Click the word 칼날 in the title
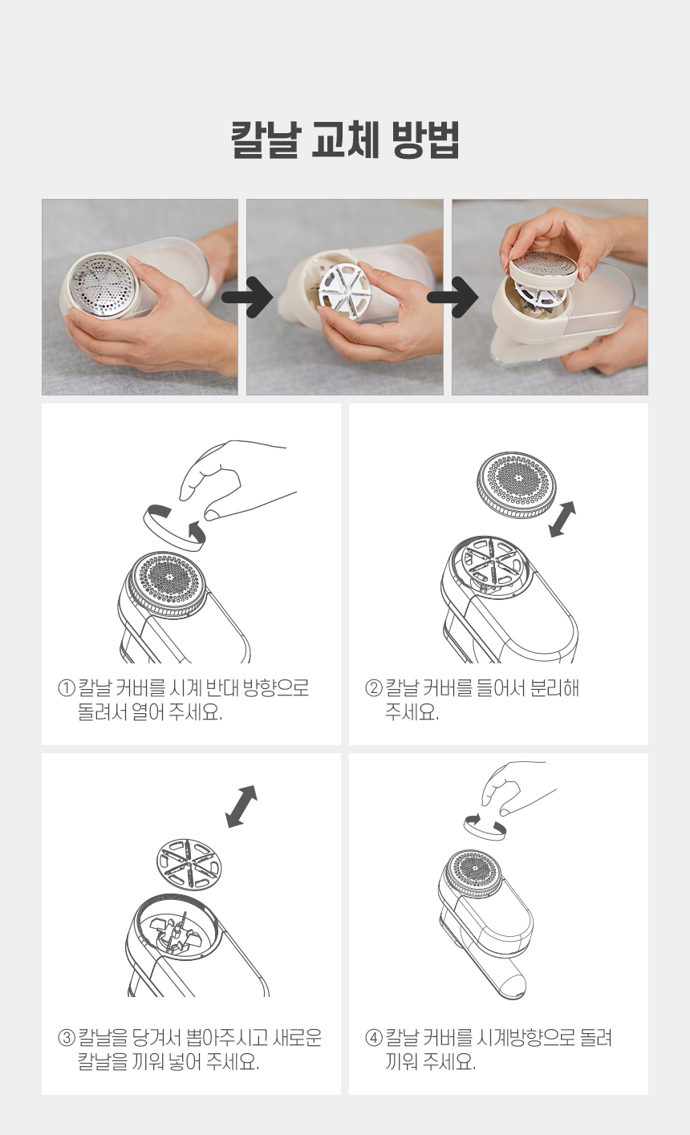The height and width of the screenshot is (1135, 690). tap(266, 140)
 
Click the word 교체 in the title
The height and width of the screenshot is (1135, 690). tap(344, 140)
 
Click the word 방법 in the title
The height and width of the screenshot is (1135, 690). tap(425, 140)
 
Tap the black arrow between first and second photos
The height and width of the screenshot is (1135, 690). tap(247, 297)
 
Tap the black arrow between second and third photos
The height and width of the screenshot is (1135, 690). tap(453, 297)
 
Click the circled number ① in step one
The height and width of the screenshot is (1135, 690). tap(66, 688)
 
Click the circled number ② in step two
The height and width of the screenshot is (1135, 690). tap(374, 688)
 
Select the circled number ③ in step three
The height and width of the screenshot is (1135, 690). tap(66, 1037)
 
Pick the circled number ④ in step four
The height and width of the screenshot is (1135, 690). tap(374, 1037)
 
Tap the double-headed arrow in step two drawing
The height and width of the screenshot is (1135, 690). tap(562, 519)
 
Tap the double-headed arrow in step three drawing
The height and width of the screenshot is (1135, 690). tap(241, 806)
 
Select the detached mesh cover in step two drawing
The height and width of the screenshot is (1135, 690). tap(516, 484)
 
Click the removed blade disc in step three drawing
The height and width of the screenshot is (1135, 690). tap(189, 864)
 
